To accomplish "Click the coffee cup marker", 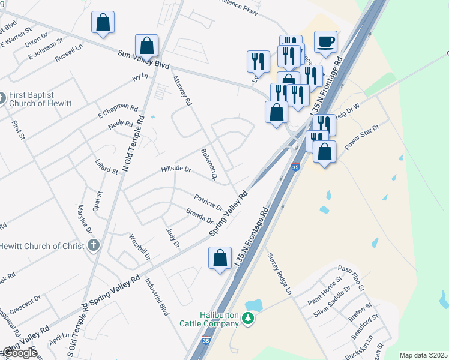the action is [x=326, y=42].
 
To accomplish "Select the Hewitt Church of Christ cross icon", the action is [x=93, y=245].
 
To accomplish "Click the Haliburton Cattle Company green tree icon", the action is [x=248, y=320].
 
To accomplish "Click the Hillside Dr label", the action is [x=176, y=170].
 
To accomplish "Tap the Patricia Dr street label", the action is [x=208, y=201].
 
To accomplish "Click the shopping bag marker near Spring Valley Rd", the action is [x=220, y=258].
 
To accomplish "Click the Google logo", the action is [x=19, y=353].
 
